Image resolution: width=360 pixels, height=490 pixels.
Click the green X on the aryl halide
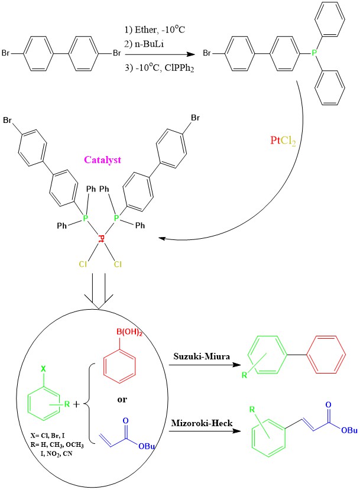pos(43,368)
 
